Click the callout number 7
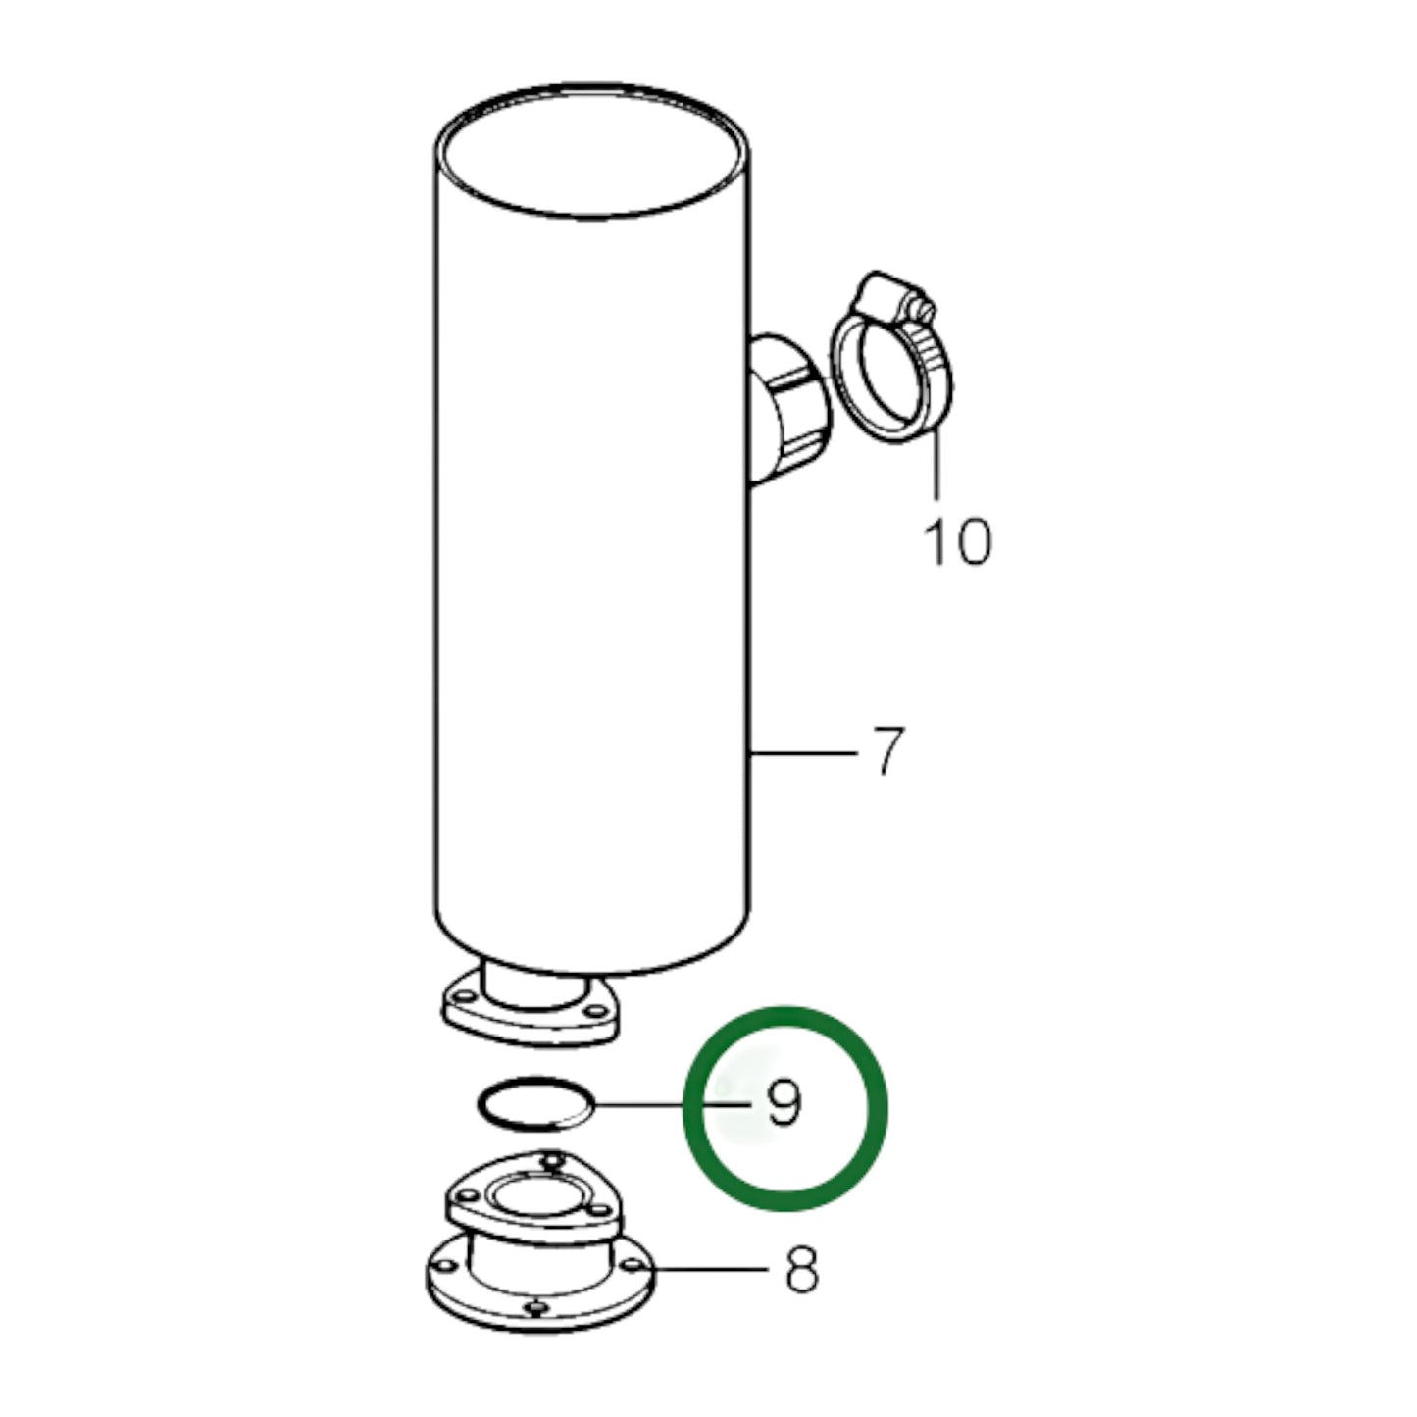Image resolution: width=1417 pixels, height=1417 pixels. [x=886, y=751]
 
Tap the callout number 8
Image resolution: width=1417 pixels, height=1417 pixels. [x=801, y=1271]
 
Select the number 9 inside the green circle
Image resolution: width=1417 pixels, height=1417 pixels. [x=784, y=1105]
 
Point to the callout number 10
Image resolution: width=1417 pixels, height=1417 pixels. [x=957, y=540]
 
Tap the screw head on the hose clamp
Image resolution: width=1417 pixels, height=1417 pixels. [x=920, y=308]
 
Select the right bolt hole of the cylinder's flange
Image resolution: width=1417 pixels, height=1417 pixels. [x=593, y=1007]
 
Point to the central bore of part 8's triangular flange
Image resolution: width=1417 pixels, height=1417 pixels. [x=534, y=1198]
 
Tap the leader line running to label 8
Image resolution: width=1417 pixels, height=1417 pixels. [x=711, y=1270]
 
